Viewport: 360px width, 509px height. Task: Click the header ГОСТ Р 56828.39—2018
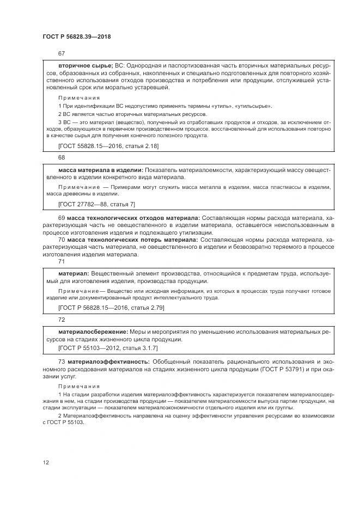tap(77, 36)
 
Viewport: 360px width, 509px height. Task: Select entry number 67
tap(61, 53)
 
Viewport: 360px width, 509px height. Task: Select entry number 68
tap(61, 157)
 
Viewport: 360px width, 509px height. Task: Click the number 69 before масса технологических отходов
tap(62, 218)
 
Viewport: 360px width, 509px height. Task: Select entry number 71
tap(61, 261)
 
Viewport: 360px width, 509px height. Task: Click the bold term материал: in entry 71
tap(74, 273)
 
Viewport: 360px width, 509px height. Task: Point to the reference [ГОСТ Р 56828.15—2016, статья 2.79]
tap(111, 308)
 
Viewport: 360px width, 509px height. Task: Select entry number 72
tap(61, 319)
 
